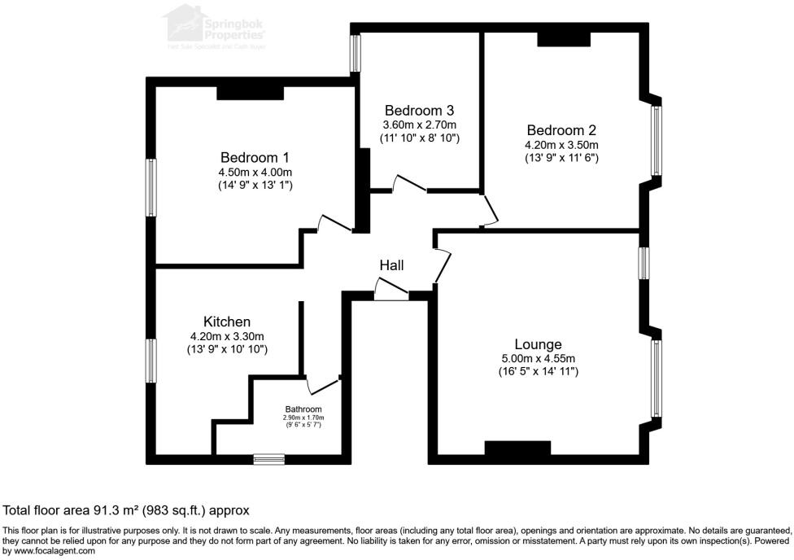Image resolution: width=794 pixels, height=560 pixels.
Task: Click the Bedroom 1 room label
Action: click(x=255, y=157)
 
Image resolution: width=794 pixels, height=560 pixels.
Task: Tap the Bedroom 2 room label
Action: click(x=561, y=130)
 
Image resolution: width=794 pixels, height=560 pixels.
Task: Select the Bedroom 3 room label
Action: click(x=419, y=111)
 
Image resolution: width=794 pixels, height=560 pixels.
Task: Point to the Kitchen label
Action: click(x=226, y=322)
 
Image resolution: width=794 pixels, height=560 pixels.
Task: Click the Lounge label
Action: click(x=538, y=343)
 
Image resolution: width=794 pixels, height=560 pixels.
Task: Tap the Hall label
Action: click(x=391, y=265)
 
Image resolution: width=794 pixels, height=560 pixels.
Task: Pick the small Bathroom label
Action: click(x=303, y=409)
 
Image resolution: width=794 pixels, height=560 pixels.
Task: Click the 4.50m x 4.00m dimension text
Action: click(x=255, y=172)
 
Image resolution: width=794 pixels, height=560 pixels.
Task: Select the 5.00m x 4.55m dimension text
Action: click(x=538, y=358)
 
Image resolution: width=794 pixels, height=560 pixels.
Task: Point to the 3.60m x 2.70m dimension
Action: click(x=419, y=125)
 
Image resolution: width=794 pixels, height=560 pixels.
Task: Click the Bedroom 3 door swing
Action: click(x=408, y=183)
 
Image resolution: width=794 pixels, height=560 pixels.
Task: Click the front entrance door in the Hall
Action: click(x=391, y=290)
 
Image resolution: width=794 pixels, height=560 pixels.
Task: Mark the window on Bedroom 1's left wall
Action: click(x=151, y=187)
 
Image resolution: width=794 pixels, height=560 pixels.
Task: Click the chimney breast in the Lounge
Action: click(x=517, y=448)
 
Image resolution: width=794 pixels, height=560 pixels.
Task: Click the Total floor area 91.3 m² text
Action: click(x=125, y=510)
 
